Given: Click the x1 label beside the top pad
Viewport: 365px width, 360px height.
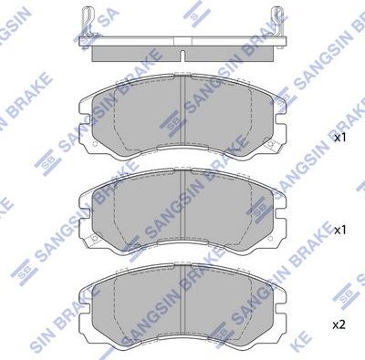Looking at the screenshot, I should pos(339,139).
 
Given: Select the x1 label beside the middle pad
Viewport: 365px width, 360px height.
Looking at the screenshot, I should pos(339,231).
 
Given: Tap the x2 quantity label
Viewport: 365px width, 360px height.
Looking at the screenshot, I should pos(339,324).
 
